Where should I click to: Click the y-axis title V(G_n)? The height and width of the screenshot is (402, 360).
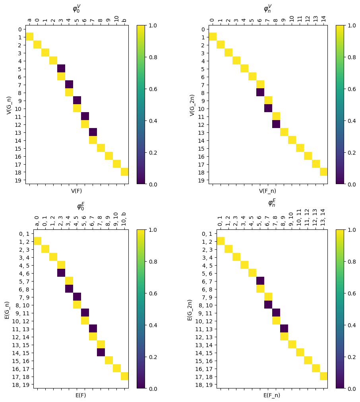(9, 105)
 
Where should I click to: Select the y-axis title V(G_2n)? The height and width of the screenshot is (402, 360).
(192, 105)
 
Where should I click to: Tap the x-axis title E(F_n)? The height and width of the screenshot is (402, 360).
(272, 395)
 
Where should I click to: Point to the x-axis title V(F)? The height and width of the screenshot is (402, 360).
(77, 191)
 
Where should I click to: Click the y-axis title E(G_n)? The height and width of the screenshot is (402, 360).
(7, 309)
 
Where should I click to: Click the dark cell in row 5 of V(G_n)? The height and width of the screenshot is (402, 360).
(61, 68)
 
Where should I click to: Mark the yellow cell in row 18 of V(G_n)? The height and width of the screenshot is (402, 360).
(124, 172)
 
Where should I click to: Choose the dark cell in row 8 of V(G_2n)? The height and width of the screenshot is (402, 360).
(260, 92)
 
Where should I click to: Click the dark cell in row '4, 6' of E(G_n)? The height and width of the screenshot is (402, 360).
(61, 273)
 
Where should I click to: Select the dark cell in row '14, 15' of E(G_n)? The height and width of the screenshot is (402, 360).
(101, 352)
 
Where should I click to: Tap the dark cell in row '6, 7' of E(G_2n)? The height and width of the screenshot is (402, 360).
(260, 281)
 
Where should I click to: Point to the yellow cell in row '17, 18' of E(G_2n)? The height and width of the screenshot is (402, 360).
(323, 376)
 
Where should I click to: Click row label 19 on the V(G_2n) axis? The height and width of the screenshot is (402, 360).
(203, 180)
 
